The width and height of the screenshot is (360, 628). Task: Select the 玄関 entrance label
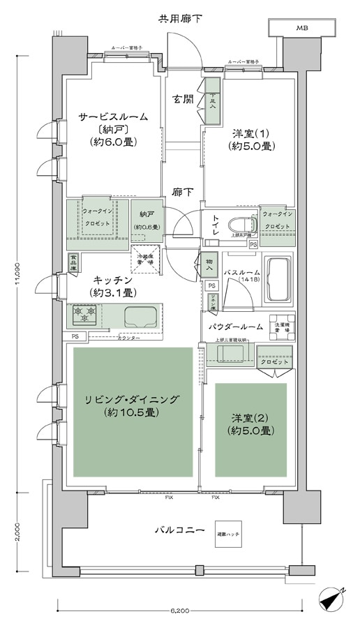pyautogui.click(x=183, y=99)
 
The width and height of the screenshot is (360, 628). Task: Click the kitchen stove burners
pyautogui.click(x=84, y=316)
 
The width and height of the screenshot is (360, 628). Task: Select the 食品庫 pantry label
pyautogui.click(x=73, y=261)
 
